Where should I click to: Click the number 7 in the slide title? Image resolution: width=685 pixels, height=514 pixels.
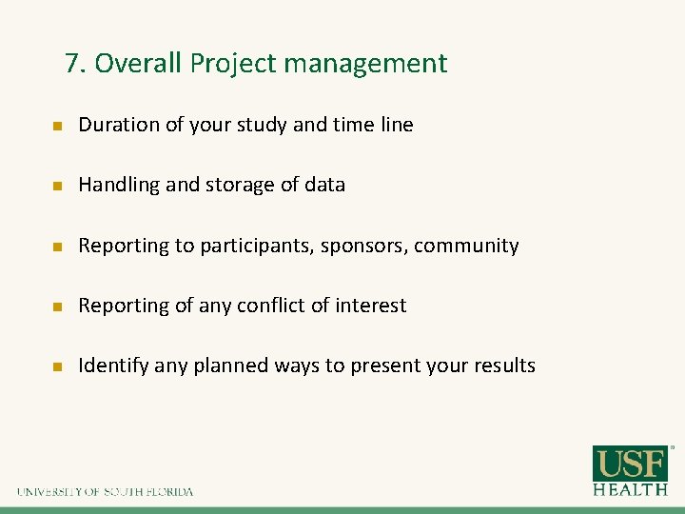[x=72, y=64]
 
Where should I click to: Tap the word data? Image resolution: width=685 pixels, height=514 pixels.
[x=324, y=186]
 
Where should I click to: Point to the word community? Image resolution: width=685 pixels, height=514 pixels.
[x=466, y=246]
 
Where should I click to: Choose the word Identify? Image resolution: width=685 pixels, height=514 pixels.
[x=114, y=366]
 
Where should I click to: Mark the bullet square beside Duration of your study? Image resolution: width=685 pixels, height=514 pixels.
[x=56, y=126]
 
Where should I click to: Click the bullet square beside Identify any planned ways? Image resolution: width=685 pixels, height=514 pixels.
[x=56, y=366]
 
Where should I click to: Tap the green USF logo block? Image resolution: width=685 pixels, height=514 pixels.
[x=630, y=464]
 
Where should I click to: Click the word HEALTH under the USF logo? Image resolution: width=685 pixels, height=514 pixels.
[x=630, y=489]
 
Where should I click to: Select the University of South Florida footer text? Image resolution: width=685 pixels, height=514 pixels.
[x=105, y=492]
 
